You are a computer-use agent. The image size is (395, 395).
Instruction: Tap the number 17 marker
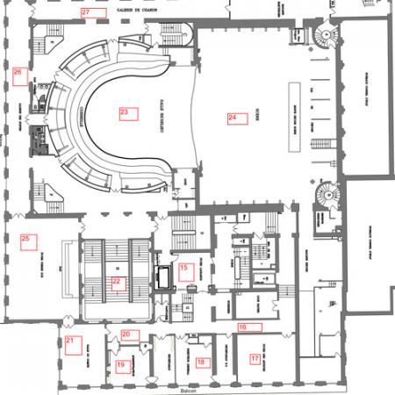[x=255, y=358]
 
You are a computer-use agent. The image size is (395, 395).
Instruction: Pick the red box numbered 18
[x=202, y=361]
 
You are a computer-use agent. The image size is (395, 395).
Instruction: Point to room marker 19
[x=122, y=365]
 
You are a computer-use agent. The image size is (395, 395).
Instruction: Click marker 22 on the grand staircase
[x=117, y=282]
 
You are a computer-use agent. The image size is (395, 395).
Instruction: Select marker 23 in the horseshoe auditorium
[x=125, y=112]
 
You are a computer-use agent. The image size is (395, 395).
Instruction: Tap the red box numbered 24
[x=233, y=118]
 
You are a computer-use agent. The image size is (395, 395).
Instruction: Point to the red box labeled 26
[x=19, y=72]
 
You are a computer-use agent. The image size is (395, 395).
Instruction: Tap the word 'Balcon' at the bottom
[x=184, y=391]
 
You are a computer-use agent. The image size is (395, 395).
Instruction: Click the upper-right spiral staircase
[x=324, y=38]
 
